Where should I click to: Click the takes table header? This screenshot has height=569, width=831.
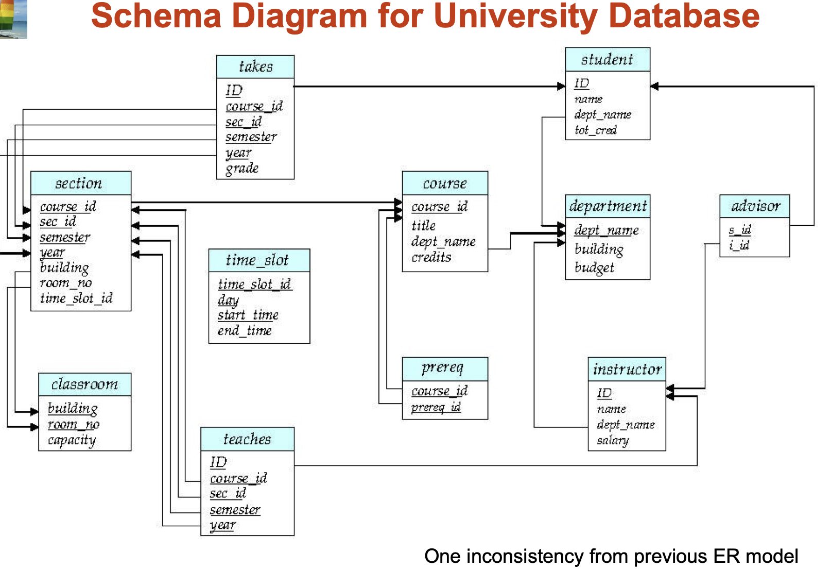coord(255,67)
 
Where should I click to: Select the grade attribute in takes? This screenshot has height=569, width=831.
coord(242,169)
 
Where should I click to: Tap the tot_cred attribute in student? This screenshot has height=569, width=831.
coord(595,130)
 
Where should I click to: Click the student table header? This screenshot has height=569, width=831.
coord(607,60)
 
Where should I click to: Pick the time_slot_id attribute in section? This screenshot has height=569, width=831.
coord(76,298)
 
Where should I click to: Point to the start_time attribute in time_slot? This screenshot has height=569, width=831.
coord(248,315)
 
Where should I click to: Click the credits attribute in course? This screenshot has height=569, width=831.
coord(431,257)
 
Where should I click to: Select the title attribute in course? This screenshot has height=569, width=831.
coord(424,226)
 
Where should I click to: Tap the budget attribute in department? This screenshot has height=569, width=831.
coord(594,267)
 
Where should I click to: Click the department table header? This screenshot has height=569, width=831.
coord(608,206)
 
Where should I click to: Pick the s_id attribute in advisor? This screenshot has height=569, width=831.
coord(740,230)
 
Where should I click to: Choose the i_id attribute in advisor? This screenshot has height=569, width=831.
coord(739,246)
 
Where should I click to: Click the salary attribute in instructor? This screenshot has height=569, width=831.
coord(613,441)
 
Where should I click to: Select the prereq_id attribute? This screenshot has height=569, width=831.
coord(436,407)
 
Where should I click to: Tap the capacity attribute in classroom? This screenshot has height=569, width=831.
coord(72,440)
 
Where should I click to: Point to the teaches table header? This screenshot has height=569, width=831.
coord(247,439)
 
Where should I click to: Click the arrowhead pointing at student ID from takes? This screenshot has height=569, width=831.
coord(561,86)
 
